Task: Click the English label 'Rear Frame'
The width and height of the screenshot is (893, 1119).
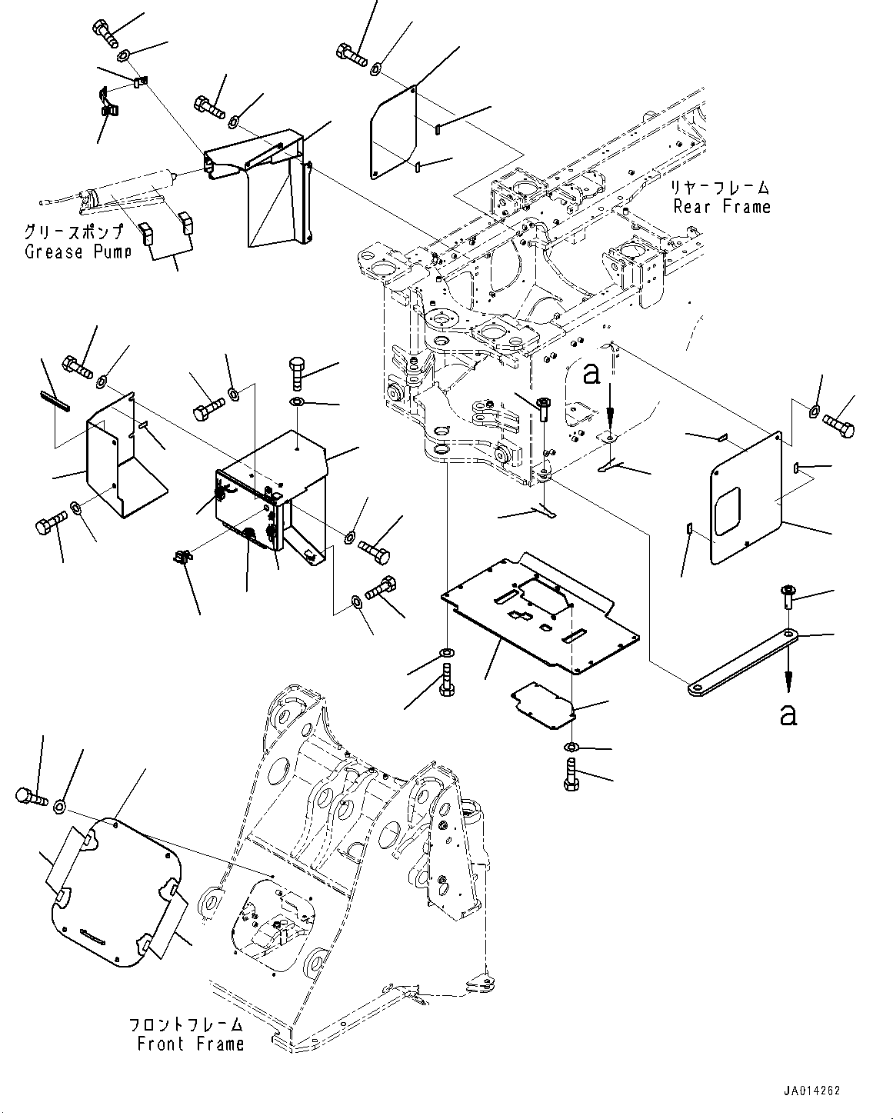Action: point(721,206)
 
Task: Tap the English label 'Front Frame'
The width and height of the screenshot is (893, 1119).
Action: point(190,1044)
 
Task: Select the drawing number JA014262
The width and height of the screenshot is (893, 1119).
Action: point(812,1091)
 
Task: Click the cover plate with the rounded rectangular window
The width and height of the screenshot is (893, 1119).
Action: point(745,501)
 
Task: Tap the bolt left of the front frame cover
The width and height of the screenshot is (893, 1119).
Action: point(28,798)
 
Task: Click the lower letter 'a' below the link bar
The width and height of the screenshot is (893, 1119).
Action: point(787,715)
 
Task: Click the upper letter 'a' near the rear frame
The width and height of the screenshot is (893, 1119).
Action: point(590,374)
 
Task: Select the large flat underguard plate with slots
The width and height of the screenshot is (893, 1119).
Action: point(538,611)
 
